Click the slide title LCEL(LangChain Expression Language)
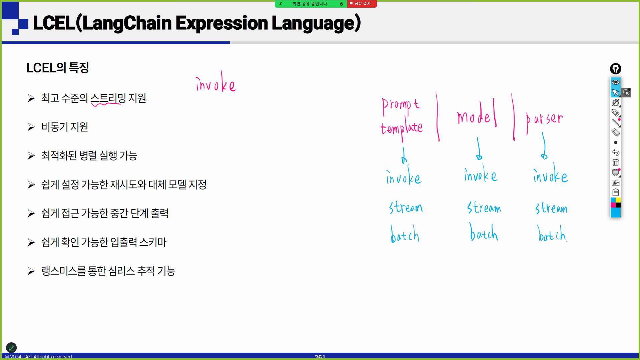(x=197, y=23)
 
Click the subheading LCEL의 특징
(x=58, y=68)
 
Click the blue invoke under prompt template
(x=404, y=175)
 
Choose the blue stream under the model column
(x=484, y=207)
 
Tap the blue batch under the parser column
(x=552, y=233)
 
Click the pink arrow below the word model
(x=479, y=149)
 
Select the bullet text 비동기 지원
(x=65, y=127)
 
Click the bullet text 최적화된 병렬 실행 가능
(x=89, y=155)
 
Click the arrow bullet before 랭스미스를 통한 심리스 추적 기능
(x=31, y=271)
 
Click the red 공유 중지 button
(x=362, y=4)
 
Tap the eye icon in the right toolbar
(x=616, y=82)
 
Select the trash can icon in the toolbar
(x=616, y=162)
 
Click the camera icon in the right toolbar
(x=616, y=183)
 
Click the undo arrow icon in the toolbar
(x=616, y=152)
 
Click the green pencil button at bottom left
(x=11, y=348)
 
